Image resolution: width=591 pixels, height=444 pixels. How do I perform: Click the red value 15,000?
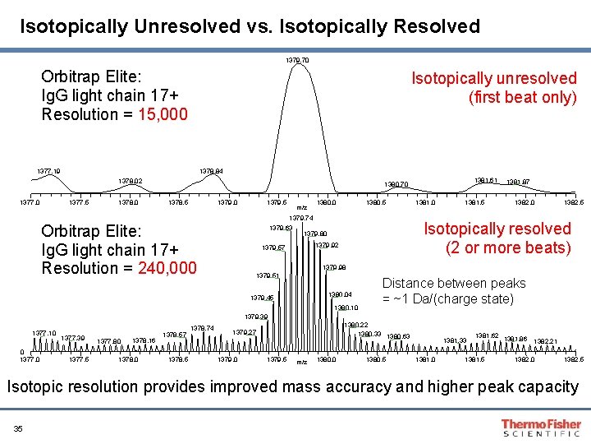point(164,114)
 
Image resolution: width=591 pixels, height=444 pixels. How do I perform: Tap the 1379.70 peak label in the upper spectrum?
point(297,60)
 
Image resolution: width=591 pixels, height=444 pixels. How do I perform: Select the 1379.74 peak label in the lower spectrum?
point(302,218)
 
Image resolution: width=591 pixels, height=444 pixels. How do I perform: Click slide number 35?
point(19,428)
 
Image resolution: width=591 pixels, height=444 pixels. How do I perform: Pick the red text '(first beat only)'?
point(522,97)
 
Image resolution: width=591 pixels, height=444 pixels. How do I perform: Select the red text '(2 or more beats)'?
point(508,247)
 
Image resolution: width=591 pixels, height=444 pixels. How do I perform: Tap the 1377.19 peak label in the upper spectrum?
point(48,171)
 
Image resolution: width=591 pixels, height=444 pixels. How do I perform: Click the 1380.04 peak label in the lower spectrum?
point(340,294)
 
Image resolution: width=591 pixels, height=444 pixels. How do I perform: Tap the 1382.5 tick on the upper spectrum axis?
point(574,202)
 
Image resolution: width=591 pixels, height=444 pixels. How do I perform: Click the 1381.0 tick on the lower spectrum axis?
point(426,359)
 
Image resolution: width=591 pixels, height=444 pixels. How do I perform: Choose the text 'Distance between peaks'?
point(454,283)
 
